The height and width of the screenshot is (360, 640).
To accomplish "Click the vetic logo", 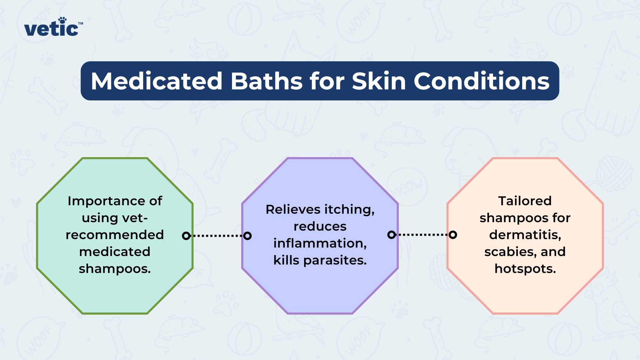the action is click(53, 27).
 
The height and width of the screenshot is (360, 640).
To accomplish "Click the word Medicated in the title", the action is click(157, 81).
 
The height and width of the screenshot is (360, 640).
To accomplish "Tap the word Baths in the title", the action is click(267, 81).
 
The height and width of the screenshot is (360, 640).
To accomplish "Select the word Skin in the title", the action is click(379, 81).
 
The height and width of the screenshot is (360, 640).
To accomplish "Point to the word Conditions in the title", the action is click(482, 81).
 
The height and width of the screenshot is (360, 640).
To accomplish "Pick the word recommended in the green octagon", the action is click(115, 235).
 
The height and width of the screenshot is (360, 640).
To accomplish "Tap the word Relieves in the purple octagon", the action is click(288, 209).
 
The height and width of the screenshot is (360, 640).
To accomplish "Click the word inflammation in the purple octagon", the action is click(320, 243).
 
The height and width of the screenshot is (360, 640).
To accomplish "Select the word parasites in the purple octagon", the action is click(335, 260).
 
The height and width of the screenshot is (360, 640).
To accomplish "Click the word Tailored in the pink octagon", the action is click(525, 201).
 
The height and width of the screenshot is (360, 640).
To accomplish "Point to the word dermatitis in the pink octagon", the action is click(525, 235).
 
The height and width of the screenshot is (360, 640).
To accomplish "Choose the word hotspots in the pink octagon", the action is click(525, 269).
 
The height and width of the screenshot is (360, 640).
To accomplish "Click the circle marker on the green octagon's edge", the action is click(186, 236).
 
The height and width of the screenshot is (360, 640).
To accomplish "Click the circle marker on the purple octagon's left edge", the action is click(248, 236).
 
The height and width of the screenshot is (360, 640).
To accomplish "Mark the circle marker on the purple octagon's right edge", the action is click(391, 235).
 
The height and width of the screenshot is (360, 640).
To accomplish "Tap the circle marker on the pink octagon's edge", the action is click(453, 235).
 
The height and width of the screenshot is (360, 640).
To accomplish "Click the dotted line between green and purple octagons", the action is click(217, 236).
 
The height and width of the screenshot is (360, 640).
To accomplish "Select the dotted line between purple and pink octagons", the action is click(422, 235).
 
